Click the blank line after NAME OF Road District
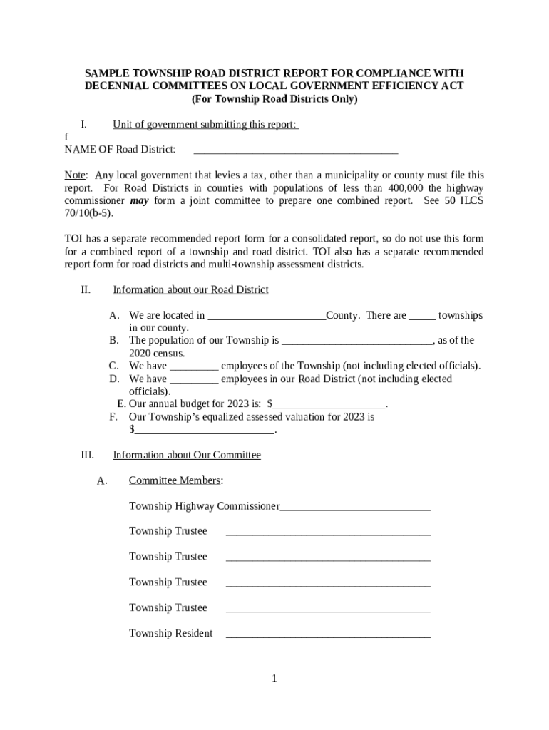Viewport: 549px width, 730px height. click(x=295, y=150)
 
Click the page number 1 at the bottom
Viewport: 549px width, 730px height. click(x=274, y=678)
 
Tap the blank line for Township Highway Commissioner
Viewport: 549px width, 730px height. click(x=355, y=507)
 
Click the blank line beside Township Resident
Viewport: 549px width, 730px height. click(x=328, y=634)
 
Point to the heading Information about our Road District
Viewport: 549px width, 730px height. click(x=190, y=289)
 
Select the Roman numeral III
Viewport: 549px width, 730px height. click(x=86, y=455)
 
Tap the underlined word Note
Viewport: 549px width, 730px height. click(x=75, y=175)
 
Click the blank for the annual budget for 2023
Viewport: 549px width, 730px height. click(x=329, y=404)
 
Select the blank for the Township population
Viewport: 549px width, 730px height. click(x=357, y=341)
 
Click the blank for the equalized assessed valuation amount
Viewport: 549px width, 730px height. click(x=204, y=430)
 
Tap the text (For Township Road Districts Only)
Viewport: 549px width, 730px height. click(x=274, y=99)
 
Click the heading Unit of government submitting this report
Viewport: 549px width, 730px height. click(x=205, y=125)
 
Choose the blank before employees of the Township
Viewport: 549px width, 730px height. click(x=195, y=366)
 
